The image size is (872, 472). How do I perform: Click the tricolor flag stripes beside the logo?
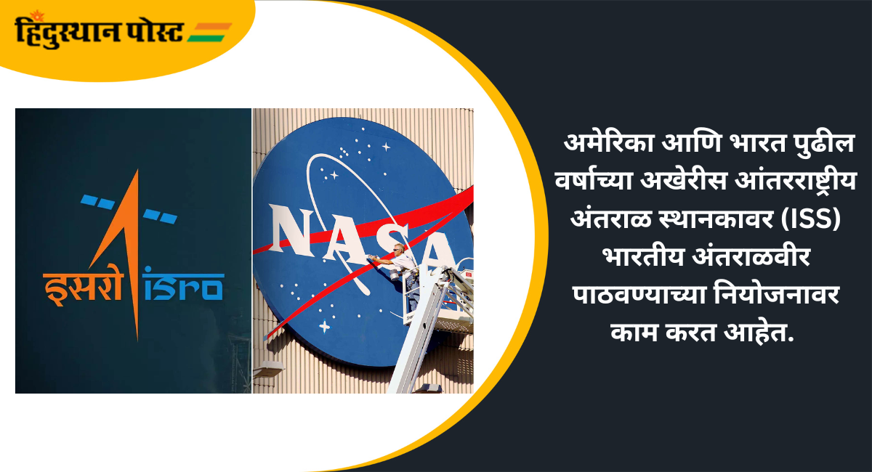210,32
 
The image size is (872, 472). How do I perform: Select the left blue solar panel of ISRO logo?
97,202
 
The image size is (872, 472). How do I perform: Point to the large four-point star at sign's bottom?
324,326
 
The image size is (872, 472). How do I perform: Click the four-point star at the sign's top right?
386,147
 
